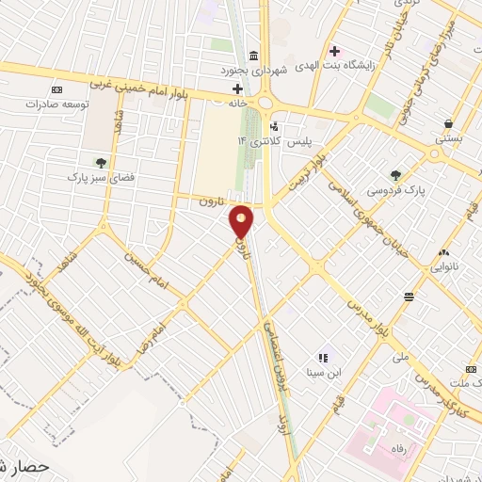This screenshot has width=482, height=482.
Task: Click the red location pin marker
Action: click(x=242, y=222)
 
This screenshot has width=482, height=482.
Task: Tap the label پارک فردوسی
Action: click(x=396, y=189)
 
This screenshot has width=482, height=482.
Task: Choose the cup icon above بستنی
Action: click(x=449, y=122)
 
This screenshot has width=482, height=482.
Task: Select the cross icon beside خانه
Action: click(x=238, y=90)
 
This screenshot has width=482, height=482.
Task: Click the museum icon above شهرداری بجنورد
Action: click(x=251, y=55)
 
